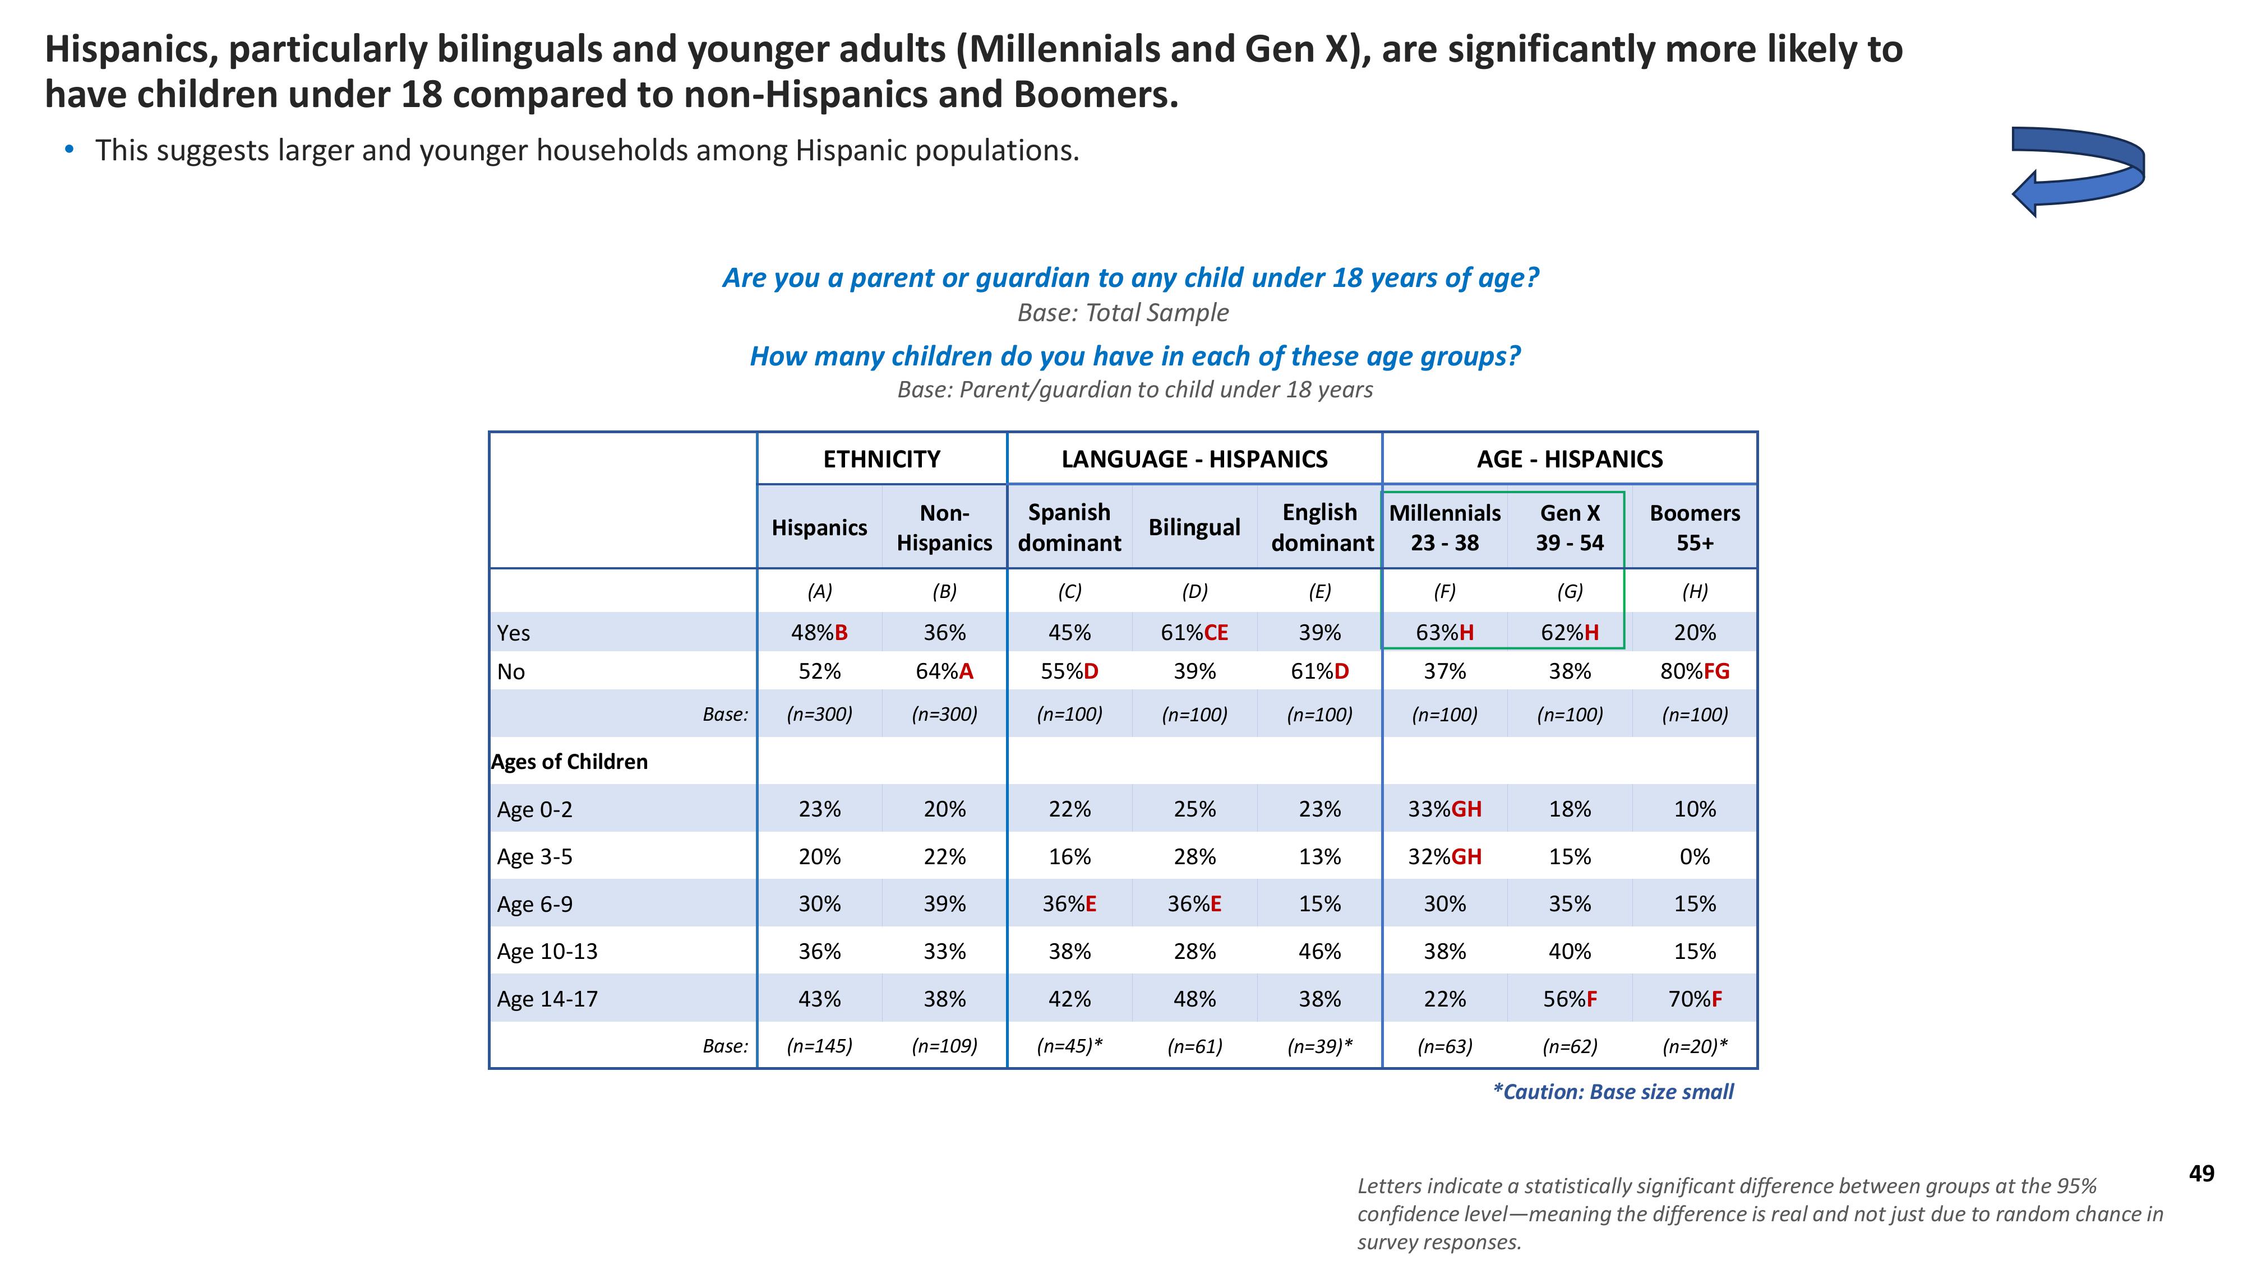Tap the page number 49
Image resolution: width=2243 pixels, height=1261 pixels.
pyautogui.click(x=2201, y=1174)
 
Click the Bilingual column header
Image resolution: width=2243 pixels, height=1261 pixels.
pyautogui.click(x=1194, y=527)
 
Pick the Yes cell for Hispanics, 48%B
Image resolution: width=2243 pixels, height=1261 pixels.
pyautogui.click(x=819, y=633)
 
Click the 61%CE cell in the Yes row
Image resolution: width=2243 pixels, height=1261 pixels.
pyautogui.click(x=1194, y=633)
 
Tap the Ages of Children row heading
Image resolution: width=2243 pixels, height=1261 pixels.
pyautogui.click(x=570, y=762)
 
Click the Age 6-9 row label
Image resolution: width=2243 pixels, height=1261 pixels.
pyautogui.click(x=534, y=904)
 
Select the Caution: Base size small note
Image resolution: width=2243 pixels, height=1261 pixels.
pyautogui.click(x=1613, y=1092)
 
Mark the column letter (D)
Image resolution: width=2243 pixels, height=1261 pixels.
pyautogui.click(x=1194, y=592)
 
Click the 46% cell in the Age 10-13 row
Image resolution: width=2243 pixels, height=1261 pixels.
pyautogui.click(x=1319, y=951)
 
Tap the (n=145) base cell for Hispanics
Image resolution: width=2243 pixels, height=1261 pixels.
pyautogui.click(x=819, y=1046)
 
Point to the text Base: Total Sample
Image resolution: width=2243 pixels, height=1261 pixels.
pyautogui.click(x=1123, y=312)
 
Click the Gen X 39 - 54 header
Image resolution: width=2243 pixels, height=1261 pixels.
pyautogui.click(x=1569, y=527)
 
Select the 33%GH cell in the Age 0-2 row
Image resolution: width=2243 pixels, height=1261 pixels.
pyautogui.click(x=1444, y=809)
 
